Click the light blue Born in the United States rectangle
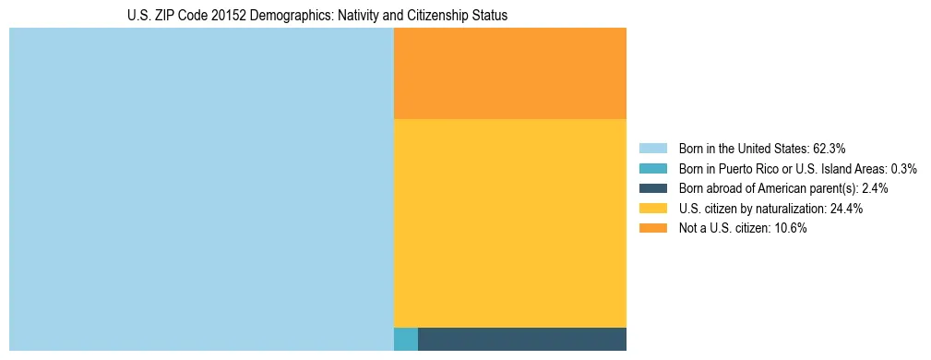(x=201, y=189)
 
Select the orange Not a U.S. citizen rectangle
(x=509, y=74)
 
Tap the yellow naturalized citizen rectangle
(x=509, y=223)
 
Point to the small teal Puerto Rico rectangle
(x=405, y=339)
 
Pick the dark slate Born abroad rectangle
(x=521, y=339)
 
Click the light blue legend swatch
(x=652, y=148)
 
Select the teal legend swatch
(x=652, y=168)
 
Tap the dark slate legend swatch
(x=652, y=188)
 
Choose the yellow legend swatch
(x=652, y=209)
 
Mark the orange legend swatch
(x=652, y=229)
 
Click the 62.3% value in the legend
(x=829, y=148)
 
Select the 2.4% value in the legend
(x=875, y=188)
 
